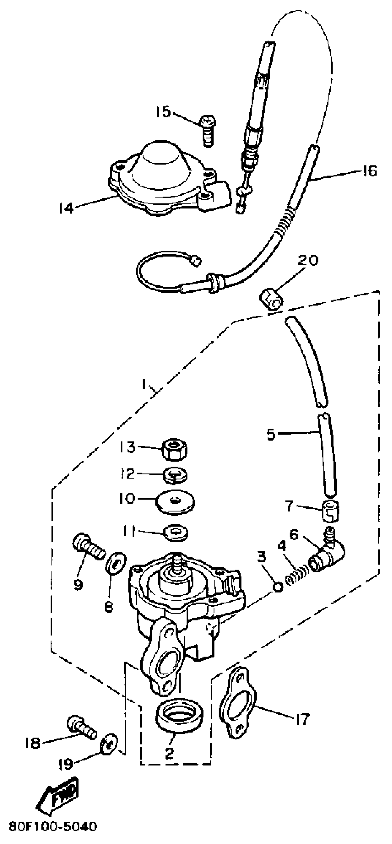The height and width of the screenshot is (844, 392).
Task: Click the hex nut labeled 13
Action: (x=174, y=449)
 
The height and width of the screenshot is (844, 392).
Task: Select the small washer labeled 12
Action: (x=175, y=474)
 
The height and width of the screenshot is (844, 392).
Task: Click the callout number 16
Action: (x=370, y=171)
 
